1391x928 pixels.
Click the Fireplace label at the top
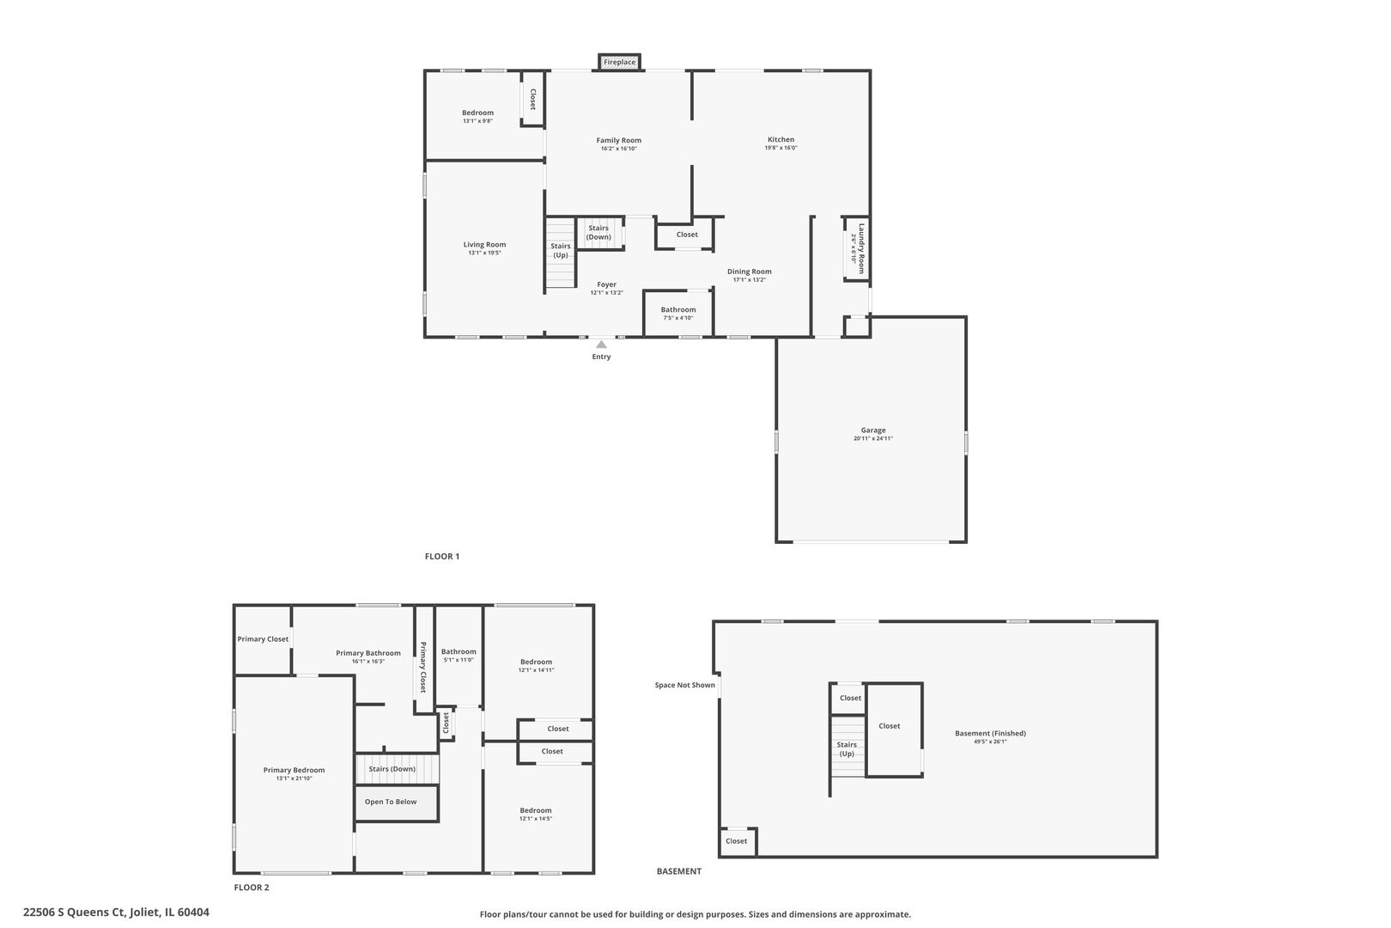tap(619, 62)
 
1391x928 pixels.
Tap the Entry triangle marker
tap(601, 345)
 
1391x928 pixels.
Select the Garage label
tap(873, 430)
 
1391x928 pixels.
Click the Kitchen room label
tap(781, 139)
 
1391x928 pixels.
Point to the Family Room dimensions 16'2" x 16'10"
tap(619, 149)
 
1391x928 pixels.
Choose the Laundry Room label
tap(861, 247)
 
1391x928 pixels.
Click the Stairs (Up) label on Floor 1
tap(560, 250)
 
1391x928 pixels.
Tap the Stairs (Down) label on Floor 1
tap(598, 233)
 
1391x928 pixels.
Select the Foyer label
tap(606, 284)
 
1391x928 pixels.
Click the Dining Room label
tap(749, 272)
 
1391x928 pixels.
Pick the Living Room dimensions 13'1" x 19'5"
tap(484, 253)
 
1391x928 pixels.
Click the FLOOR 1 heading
tap(442, 556)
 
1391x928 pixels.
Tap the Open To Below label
tap(391, 802)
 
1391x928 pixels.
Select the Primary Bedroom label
tap(294, 770)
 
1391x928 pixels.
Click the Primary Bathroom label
tap(367, 653)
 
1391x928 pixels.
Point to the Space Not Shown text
tap(684, 685)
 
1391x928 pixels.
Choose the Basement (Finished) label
tap(990, 733)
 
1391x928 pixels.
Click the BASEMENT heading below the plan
tap(678, 871)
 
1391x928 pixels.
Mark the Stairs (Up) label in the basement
tap(847, 749)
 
